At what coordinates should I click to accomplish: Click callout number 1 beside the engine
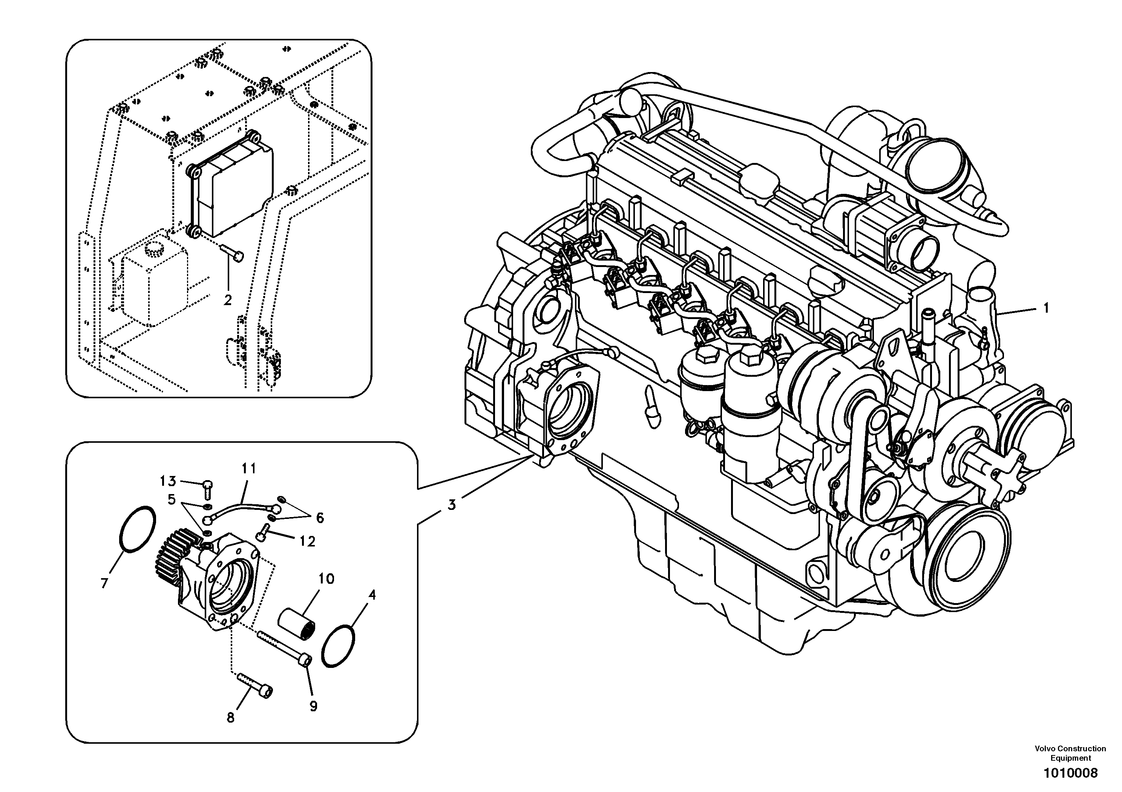point(1046,309)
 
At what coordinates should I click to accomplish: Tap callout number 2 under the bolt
point(227,300)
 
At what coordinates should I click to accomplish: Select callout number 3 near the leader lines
point(452,505)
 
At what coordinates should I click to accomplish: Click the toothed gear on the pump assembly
point(178,553)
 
